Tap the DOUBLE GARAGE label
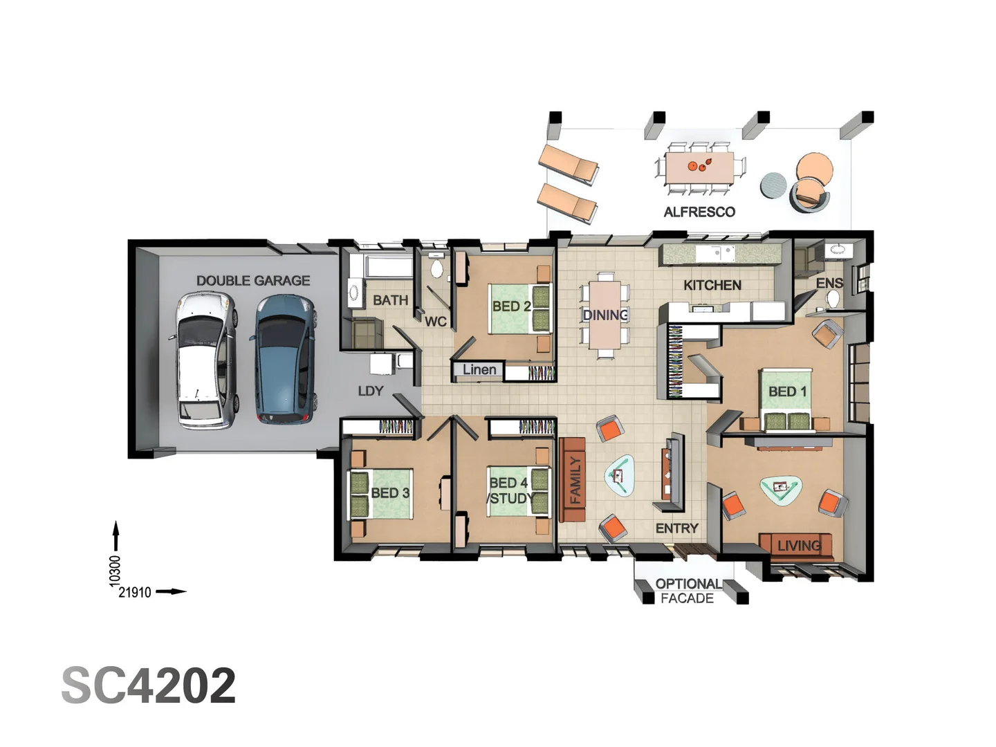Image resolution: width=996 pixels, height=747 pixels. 252,281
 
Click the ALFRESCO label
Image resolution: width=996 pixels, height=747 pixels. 699,212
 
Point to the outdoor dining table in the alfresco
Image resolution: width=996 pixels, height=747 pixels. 700,167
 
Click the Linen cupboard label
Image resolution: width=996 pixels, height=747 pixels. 479,370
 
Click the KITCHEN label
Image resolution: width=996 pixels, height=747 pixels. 712,285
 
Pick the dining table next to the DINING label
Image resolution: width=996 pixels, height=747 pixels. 605,315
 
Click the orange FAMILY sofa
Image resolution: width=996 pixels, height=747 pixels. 573,480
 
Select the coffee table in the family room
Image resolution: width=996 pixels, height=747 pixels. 620,475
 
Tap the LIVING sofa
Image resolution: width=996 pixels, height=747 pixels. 794,544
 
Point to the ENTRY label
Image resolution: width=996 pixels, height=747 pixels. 676,528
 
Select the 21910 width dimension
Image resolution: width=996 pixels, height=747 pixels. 135,592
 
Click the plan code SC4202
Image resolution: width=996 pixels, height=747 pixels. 149,685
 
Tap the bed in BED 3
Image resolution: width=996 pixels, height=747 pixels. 381,493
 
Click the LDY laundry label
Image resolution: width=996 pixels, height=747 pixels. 370,391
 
